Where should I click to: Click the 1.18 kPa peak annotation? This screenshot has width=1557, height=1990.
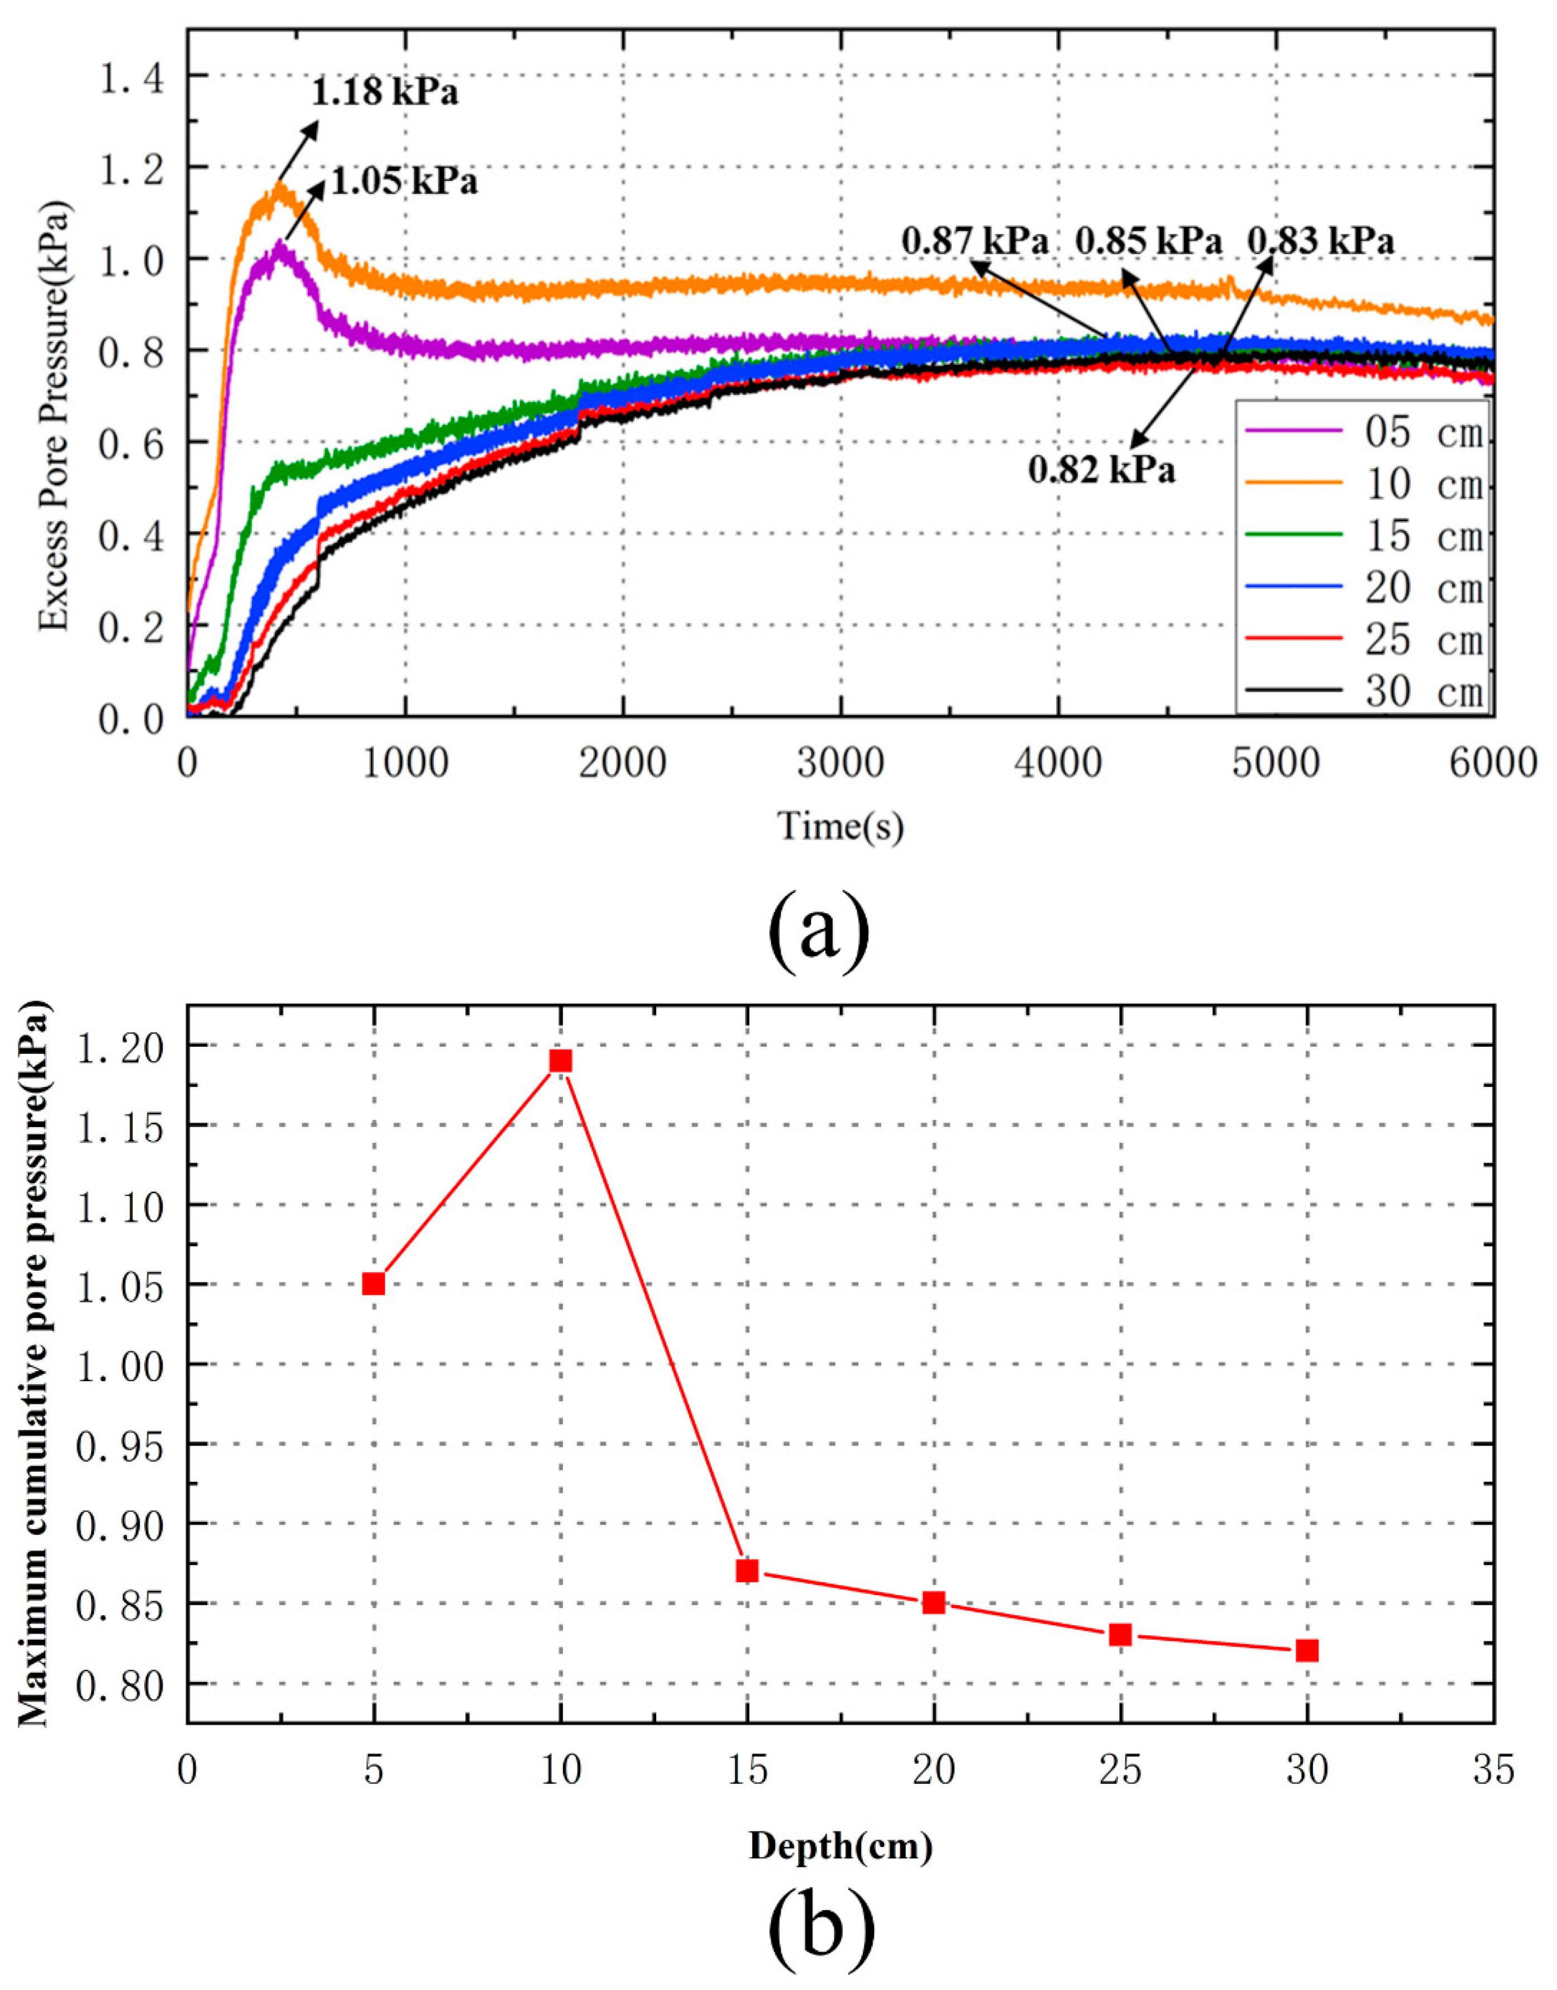point(385,93)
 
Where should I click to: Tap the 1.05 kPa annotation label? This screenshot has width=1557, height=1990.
point(404,182)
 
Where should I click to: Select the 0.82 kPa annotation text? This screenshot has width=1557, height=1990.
point(1101,470)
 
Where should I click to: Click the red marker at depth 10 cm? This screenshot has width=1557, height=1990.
point(561,1060)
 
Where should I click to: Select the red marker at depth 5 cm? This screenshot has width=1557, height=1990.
point(374,1283)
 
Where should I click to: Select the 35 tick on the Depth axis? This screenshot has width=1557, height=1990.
point(1493,1769)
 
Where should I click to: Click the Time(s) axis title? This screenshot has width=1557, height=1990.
point(839,827)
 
